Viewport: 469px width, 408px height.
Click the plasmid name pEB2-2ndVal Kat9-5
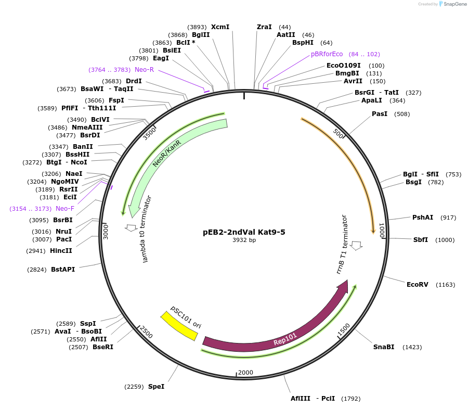(x=244, y=232)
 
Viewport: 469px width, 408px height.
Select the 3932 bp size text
(x=244, y=240)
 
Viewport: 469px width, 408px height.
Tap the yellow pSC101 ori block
(x=179, y=325)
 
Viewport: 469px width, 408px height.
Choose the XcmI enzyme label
(x=220, y=27)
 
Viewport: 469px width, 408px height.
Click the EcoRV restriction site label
(x=416, y=284)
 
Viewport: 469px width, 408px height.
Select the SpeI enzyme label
(x=156, y=387)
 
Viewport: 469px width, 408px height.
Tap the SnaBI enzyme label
(x=384, y=347)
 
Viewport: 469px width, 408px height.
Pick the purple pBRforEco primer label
(x=327, y=54)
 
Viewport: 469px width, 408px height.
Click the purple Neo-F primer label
(x=65, y=209)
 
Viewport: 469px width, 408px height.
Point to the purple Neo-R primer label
(x=144, y=70)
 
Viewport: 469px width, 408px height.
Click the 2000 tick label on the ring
(x=245, y=373)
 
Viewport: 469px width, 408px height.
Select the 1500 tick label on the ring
(x=344, y=329)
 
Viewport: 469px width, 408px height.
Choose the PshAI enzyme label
(x=422, y=218)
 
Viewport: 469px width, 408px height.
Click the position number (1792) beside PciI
(x=350, y=399)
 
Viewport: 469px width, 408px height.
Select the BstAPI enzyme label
(x=63, y=270)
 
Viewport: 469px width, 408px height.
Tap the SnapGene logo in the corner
(x=453, y=4)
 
